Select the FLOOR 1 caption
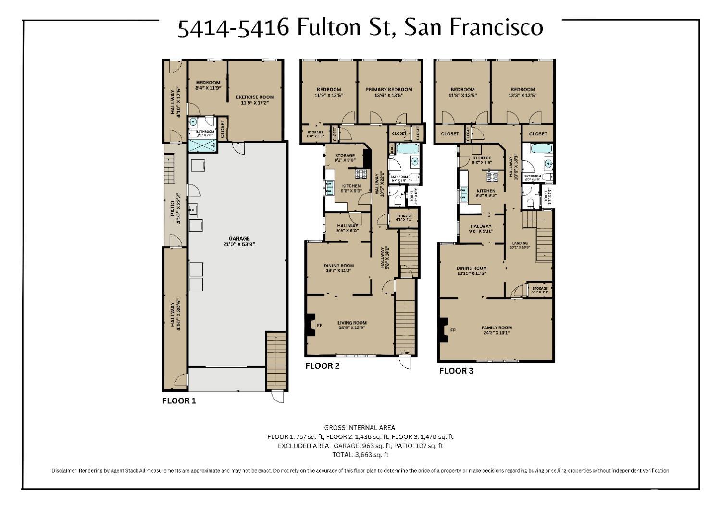[179, 401]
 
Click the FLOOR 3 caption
[456, 371]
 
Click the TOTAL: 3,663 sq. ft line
[360, 454]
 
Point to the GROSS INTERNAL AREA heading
[360, 427]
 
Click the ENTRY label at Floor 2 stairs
[405, 353]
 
